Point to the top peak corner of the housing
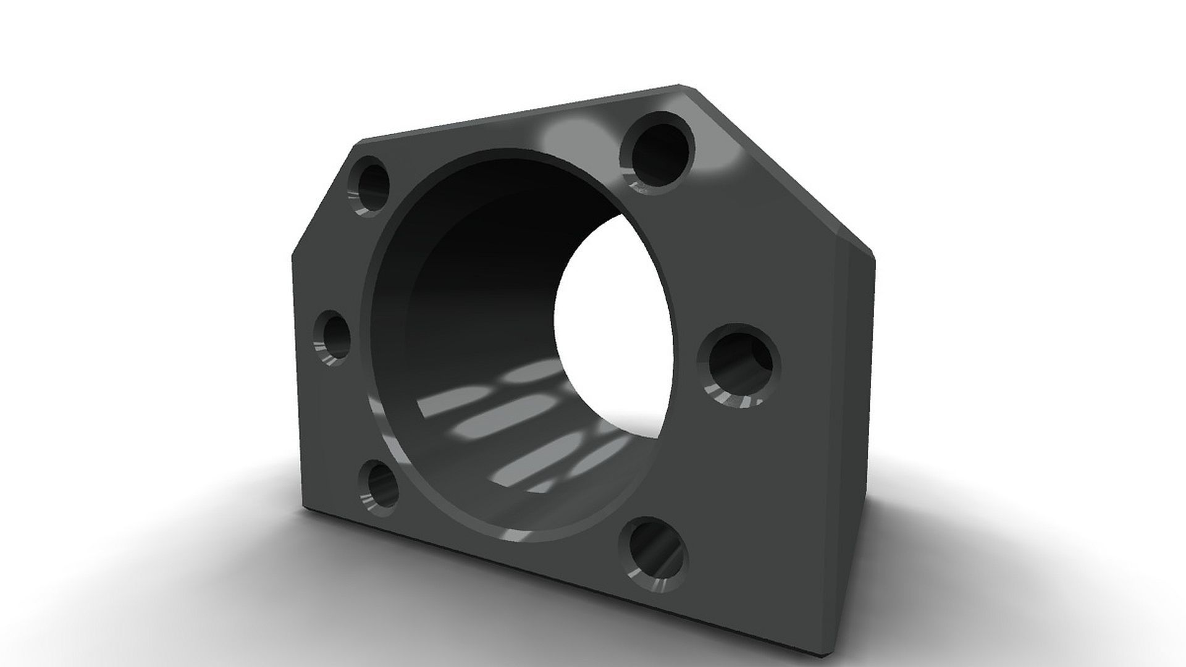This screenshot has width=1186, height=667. pyautogui.click(x=683, y=86)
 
